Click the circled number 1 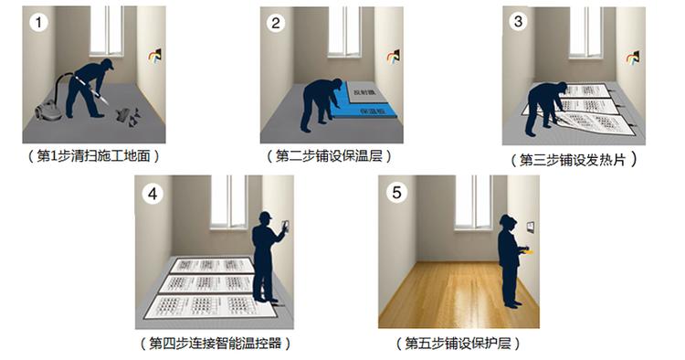click(x=39, y=22)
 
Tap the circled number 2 click(x=275, y=23)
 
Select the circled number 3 click(x=518, y=21)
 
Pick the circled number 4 click(x=153, y=194)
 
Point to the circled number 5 click(x=396, y=193)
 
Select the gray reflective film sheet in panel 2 click(x=365, y=91)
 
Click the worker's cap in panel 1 click(x=108, y=63)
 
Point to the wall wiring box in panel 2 click(x=394, y=57)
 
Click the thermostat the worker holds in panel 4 click(x=286, y=226)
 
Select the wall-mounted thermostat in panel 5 click(x=530, y=227)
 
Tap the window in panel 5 click(x=473, y=202)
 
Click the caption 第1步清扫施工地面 click(x=93, y=156)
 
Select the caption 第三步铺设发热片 click(x=574, y=160)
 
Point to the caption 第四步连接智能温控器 click(x=216, y=343)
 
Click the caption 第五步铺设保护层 click(x=458, y=343)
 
